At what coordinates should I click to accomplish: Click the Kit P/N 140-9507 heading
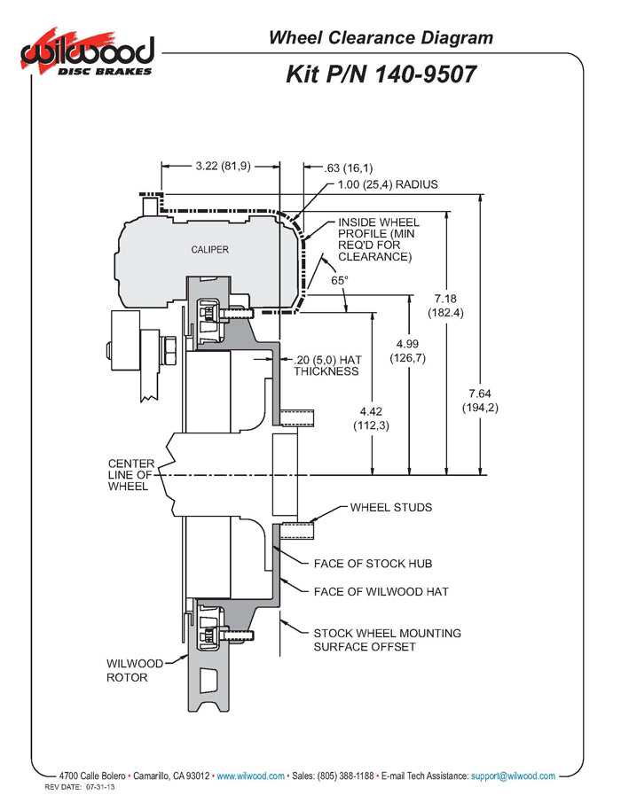pos(381,74)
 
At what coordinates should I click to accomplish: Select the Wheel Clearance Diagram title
pos(381,37)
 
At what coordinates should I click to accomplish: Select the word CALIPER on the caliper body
pos(209,249)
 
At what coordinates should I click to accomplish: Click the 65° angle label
pos(340,280)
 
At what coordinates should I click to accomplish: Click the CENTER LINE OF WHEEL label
pos(130,475)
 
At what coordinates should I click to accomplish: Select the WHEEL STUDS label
pos(391,508)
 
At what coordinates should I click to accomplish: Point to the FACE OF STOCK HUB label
pos(373,564)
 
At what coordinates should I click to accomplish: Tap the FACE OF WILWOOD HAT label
pos(381,591)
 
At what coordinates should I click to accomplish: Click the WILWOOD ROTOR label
pos(135,670)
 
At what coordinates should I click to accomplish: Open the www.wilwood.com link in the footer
pos(251,776)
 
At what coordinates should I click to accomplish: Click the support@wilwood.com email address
pos(513,776)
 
